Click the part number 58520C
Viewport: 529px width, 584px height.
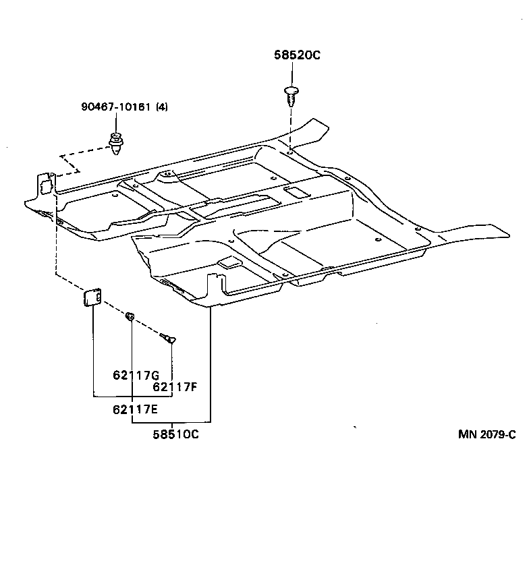coord(296,56)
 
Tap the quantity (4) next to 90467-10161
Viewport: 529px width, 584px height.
coord(162,106)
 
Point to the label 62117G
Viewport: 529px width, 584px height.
coord(135,375)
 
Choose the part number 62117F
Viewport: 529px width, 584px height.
coord(175,386)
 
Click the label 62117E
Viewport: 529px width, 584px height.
coord(135,408)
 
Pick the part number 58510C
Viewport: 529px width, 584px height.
coord(175,434)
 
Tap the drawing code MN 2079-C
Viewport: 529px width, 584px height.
coord(486,434)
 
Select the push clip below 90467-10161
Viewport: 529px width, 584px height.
coord(116,144)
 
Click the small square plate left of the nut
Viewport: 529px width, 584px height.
coord(92,296)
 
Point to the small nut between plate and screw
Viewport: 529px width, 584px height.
coord(131,316)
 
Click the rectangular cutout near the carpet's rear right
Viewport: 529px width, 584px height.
coord(295,193)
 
